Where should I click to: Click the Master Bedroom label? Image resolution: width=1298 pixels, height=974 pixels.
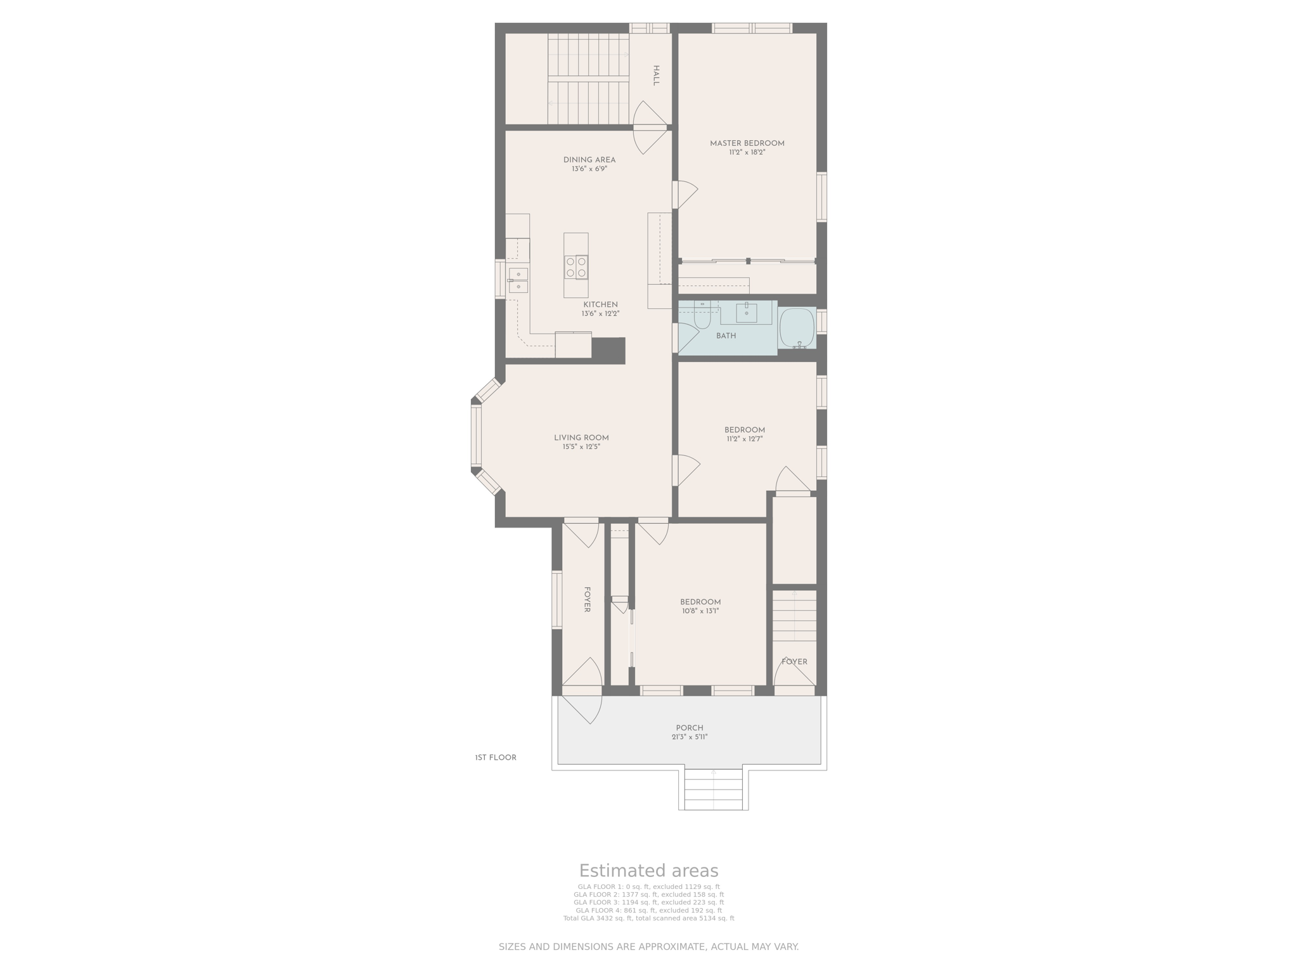point(747,143)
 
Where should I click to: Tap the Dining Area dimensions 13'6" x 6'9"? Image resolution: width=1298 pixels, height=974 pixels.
point(589,169)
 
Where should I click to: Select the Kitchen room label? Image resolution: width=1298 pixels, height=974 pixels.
point(600,305)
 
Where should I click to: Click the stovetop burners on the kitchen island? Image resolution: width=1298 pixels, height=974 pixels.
point(576,267)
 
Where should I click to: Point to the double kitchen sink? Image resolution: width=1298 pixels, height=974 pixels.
point(518,280)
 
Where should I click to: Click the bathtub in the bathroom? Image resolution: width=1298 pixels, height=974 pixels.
point(797,328)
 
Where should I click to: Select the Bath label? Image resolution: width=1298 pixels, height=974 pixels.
point(726,336)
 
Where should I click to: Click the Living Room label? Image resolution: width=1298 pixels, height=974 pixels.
point(581,438)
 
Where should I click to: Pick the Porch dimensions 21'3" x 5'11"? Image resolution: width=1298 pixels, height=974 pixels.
point(690,737)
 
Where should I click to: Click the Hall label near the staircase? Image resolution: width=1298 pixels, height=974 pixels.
point(656,75)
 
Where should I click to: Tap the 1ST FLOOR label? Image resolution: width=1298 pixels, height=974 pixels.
point(496,758)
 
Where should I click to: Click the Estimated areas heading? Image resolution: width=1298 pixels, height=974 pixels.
point(649,871)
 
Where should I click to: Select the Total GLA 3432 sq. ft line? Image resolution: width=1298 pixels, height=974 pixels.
point(649,918)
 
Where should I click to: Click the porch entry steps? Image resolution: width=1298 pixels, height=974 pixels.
point(714,789)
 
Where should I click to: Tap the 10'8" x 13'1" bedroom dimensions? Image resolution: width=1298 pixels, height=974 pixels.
point(700,611)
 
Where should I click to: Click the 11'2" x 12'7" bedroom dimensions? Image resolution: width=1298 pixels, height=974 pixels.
point(745,439)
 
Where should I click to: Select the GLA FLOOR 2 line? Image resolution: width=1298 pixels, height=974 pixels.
point(649,895)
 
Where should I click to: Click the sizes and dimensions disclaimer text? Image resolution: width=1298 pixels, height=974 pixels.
point(649,947)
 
